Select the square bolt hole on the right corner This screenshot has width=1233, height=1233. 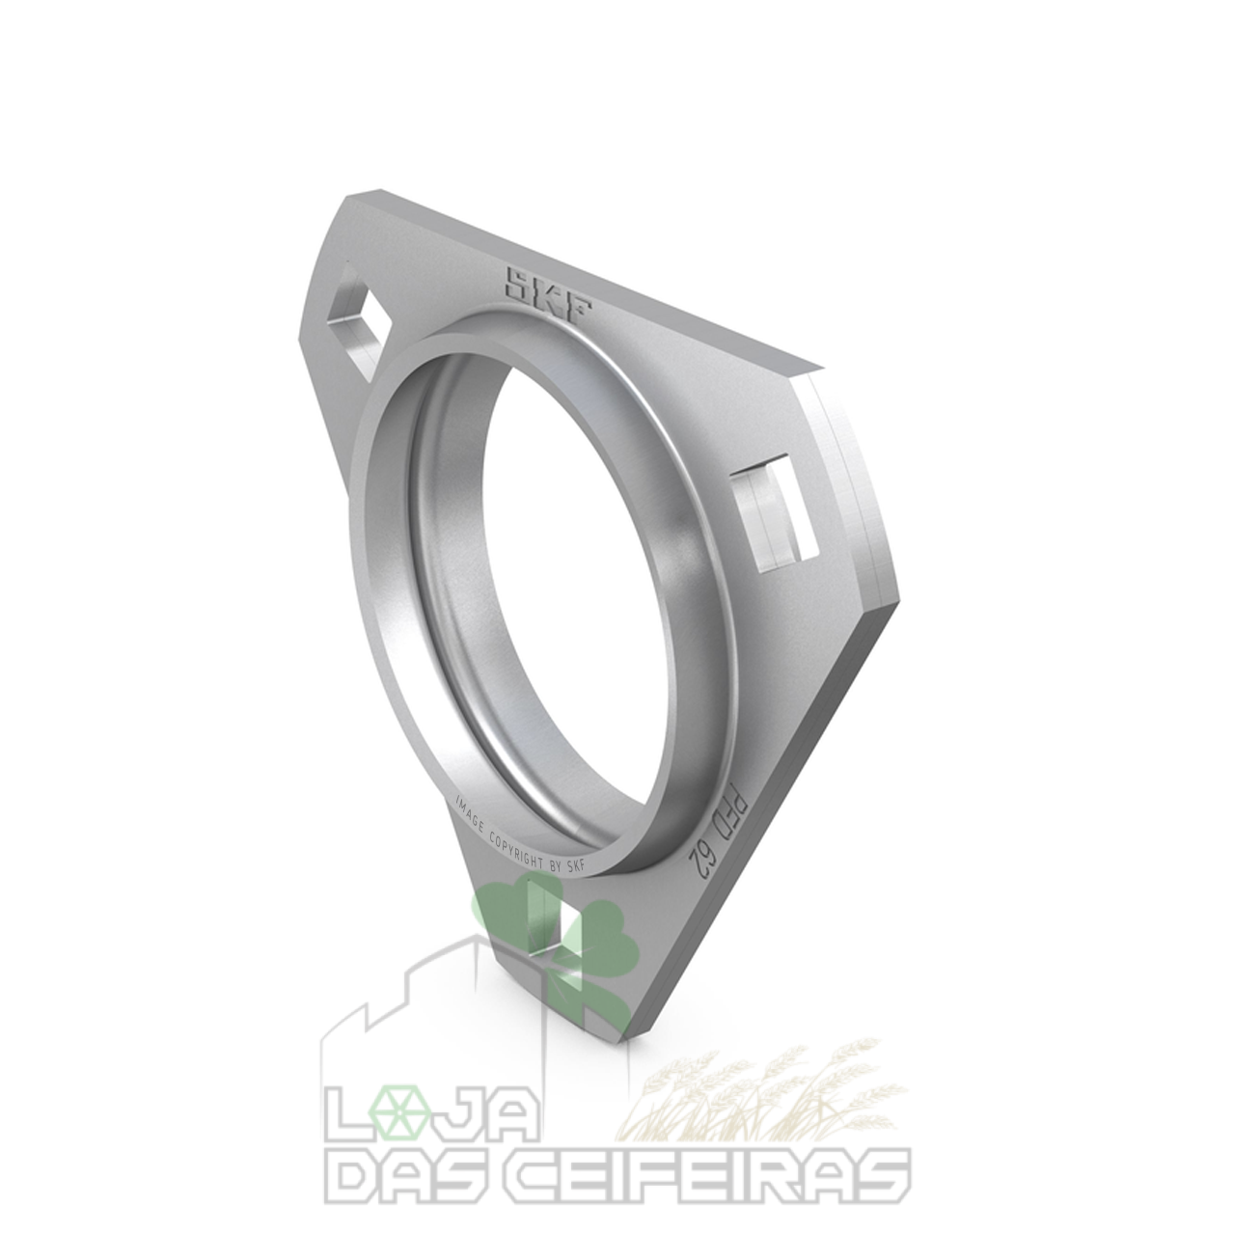(775, 511)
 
